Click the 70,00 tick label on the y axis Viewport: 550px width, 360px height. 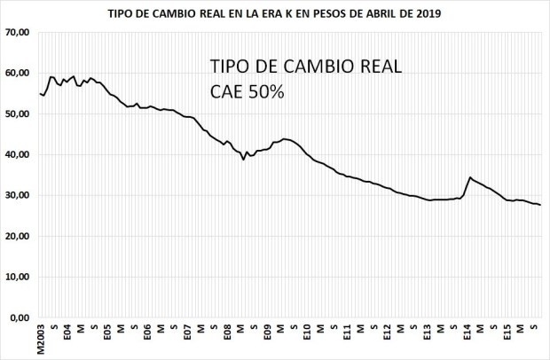(18, 33)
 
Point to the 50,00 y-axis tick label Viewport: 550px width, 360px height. (18, 114)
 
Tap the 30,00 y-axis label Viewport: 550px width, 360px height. (18, 196)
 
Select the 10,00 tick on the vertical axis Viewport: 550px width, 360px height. (18, 277)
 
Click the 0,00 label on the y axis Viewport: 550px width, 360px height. (20, 317)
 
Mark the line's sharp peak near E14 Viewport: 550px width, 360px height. (470, 177)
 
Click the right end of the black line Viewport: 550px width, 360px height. (541, 206)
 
